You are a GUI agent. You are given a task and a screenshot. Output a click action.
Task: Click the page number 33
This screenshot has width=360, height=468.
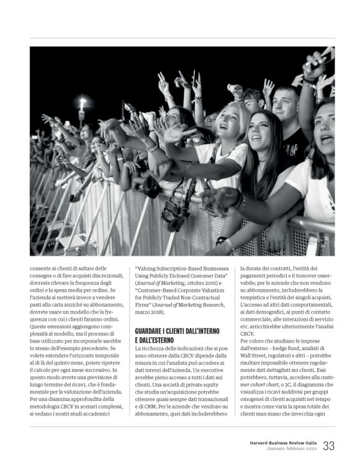click(329, 446)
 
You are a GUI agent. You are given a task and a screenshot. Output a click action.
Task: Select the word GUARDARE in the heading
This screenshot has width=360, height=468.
click(155, 331)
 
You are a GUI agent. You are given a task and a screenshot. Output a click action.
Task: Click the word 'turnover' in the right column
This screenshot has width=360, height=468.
click(301, 275)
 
